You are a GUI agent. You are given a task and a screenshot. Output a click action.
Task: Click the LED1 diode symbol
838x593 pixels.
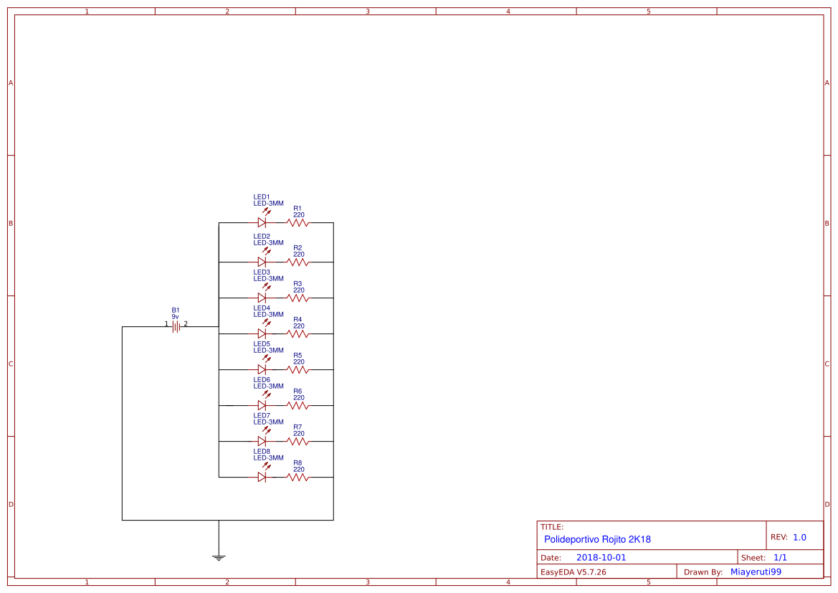point(262,222)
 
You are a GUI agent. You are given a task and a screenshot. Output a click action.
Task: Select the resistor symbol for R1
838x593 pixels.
point(297,222)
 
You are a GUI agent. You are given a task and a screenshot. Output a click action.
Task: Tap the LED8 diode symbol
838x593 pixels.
point(262,477)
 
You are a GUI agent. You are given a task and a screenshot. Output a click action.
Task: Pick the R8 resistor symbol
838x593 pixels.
point(297,477)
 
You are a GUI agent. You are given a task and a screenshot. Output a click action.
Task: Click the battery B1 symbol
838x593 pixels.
point(176,326)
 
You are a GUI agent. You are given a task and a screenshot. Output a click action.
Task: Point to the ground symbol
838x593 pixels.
point(219,556)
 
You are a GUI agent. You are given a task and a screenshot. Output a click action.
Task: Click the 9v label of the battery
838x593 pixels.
point(175,316)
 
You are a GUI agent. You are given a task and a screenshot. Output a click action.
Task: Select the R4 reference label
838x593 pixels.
point(297,319)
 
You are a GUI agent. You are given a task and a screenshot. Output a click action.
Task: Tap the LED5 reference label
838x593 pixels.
point(262,343)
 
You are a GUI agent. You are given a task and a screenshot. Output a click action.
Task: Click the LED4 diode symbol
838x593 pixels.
point(262,333)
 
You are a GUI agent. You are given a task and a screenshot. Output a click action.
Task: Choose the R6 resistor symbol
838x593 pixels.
point(297,405)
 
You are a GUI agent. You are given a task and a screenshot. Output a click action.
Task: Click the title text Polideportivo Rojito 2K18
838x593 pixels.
point(597,539)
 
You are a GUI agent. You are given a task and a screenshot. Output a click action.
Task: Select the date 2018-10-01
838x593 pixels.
point(601,557)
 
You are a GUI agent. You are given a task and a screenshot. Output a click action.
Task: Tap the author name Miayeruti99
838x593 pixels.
point(756,572)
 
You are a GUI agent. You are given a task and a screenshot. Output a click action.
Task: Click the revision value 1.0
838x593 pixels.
point(799,537)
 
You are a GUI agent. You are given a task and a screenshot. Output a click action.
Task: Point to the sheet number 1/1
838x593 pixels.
point(780,557)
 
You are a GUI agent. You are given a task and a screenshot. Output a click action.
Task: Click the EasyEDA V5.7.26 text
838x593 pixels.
point(573,572)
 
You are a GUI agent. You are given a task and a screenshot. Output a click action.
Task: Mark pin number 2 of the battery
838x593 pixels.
point(186,323)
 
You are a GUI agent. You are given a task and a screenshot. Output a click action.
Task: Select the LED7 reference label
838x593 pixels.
point(262,415)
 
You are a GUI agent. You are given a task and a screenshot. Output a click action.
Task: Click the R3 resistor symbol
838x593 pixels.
point(297,298)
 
